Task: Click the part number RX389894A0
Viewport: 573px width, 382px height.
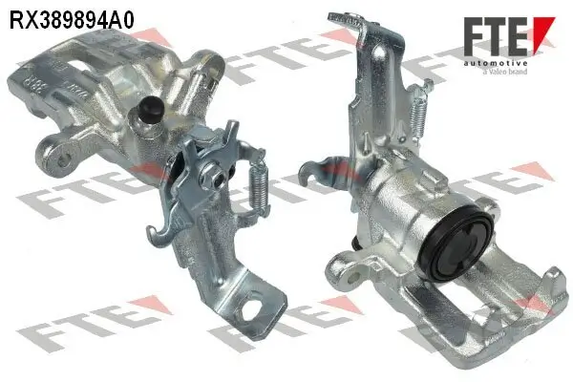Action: [71, 17]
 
